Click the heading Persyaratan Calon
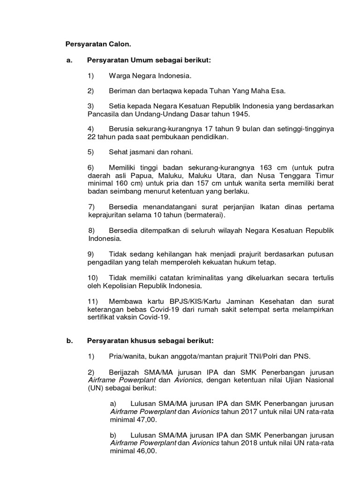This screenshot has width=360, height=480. click(x=98, y=45)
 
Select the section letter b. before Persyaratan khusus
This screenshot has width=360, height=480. click(x=69, y=341)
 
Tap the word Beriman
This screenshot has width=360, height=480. click(x=122, y=90)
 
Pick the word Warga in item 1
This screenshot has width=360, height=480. click(x=119, y=75)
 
